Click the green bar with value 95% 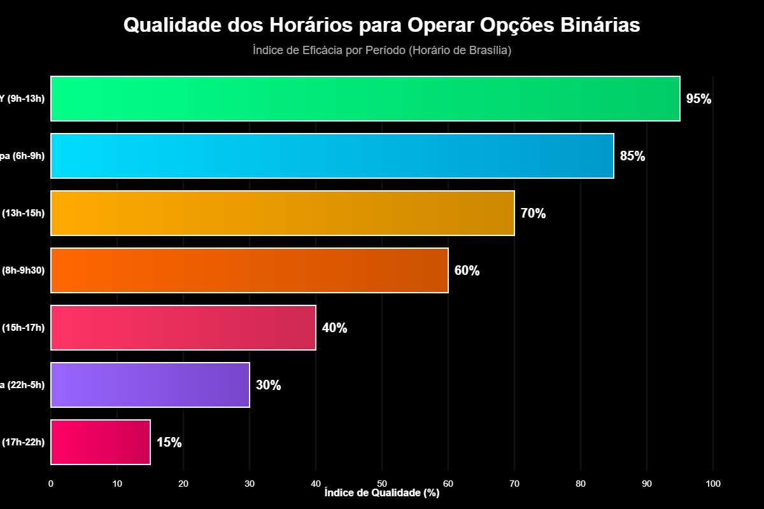[x=365, y=99]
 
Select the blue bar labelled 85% [x=332, y=156]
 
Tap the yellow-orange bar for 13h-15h [x=282, y=213]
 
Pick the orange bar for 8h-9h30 [x=249, y=270]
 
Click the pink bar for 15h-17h [x=183, y=328]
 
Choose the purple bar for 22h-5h [x=150, y=385]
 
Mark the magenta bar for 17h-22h [x=100, y=442]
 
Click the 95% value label [x=698, y=99]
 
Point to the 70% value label [x=533, y=213]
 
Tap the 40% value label [x=334, y=328]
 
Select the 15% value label [x=169, y=442]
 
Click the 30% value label [x=268, y=385]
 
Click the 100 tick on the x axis [x=713, y=484]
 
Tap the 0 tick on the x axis [x=51, y=484]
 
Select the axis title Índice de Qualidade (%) [x=382, y=493]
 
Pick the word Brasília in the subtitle [x=487, y=50]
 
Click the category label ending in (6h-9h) [x=23, y=156]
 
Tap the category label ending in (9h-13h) [x=23, y=99]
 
